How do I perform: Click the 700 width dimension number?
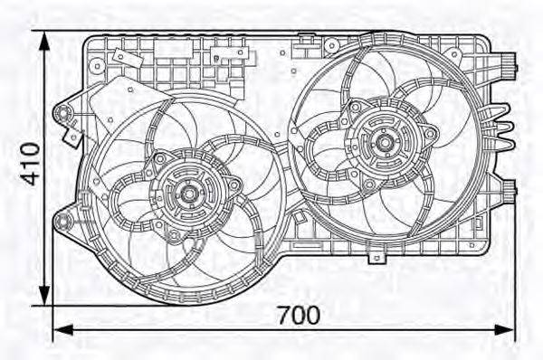click(x=298, y=316)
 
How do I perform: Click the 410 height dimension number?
click(x=30, y=163)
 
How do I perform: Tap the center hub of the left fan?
click(x=190, y=192)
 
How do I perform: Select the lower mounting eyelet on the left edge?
click(x=63, y=221)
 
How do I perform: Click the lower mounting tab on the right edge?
click(x=509, y=190)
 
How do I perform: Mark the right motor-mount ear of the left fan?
click(x=235, y=185)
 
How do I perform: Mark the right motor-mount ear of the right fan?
click(x=431, y=135)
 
